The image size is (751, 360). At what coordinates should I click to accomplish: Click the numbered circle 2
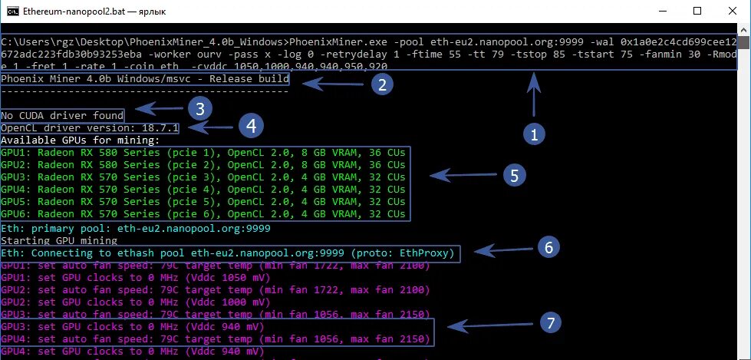381,84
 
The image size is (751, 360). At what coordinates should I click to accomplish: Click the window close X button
732,11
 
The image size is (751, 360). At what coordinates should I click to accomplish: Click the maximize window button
697,11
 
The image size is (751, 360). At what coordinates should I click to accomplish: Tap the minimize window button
661,11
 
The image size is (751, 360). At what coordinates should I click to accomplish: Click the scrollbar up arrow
743,31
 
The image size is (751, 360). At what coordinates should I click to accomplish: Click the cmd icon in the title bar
10,11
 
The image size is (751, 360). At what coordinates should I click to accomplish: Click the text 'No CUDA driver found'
61,114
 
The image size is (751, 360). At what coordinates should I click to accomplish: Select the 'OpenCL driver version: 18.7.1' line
90,127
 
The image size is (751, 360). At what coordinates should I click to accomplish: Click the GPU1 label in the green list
13,153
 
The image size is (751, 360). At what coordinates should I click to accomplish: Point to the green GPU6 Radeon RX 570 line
203,214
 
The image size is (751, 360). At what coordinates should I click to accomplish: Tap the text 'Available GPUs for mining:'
80,140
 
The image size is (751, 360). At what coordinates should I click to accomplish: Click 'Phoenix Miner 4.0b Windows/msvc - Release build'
145,79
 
